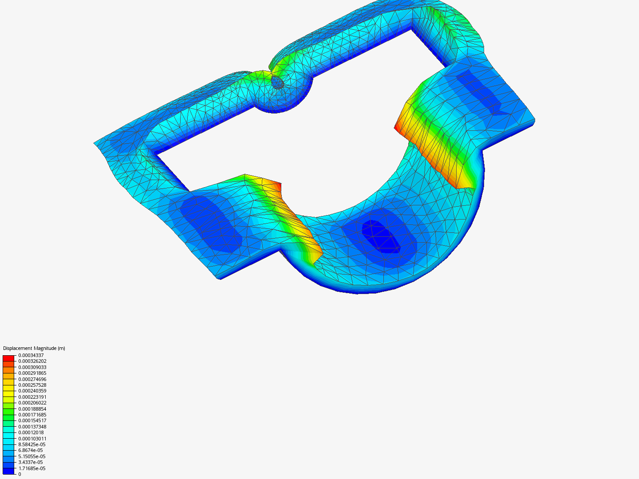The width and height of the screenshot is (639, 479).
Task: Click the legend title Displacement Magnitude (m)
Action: pyautogui.click(x=34, y=348)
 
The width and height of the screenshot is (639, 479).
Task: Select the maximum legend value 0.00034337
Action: pyautogui.click(x=31, y=355)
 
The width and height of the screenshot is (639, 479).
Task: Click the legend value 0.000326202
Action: pyautogui.click(x=32, y=361)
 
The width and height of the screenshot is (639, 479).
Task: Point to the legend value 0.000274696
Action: pyautogui.click(x=32, y=379)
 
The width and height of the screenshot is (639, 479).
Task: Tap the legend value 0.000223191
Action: pyautogui.click(x=32, y=397)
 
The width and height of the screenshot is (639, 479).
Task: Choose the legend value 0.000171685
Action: pyautogui.click(x=32, y=415)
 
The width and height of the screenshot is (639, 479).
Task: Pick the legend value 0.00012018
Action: pyautogui.click(x=31, y=432)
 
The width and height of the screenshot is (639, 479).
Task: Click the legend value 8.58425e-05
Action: pyautogui.click(x=32, y=444)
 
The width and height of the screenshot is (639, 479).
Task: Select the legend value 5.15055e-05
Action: pyautogui.click(x=32, y=456)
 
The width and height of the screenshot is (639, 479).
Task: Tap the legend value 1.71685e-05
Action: pyautogui.click(x=32, y=468)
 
